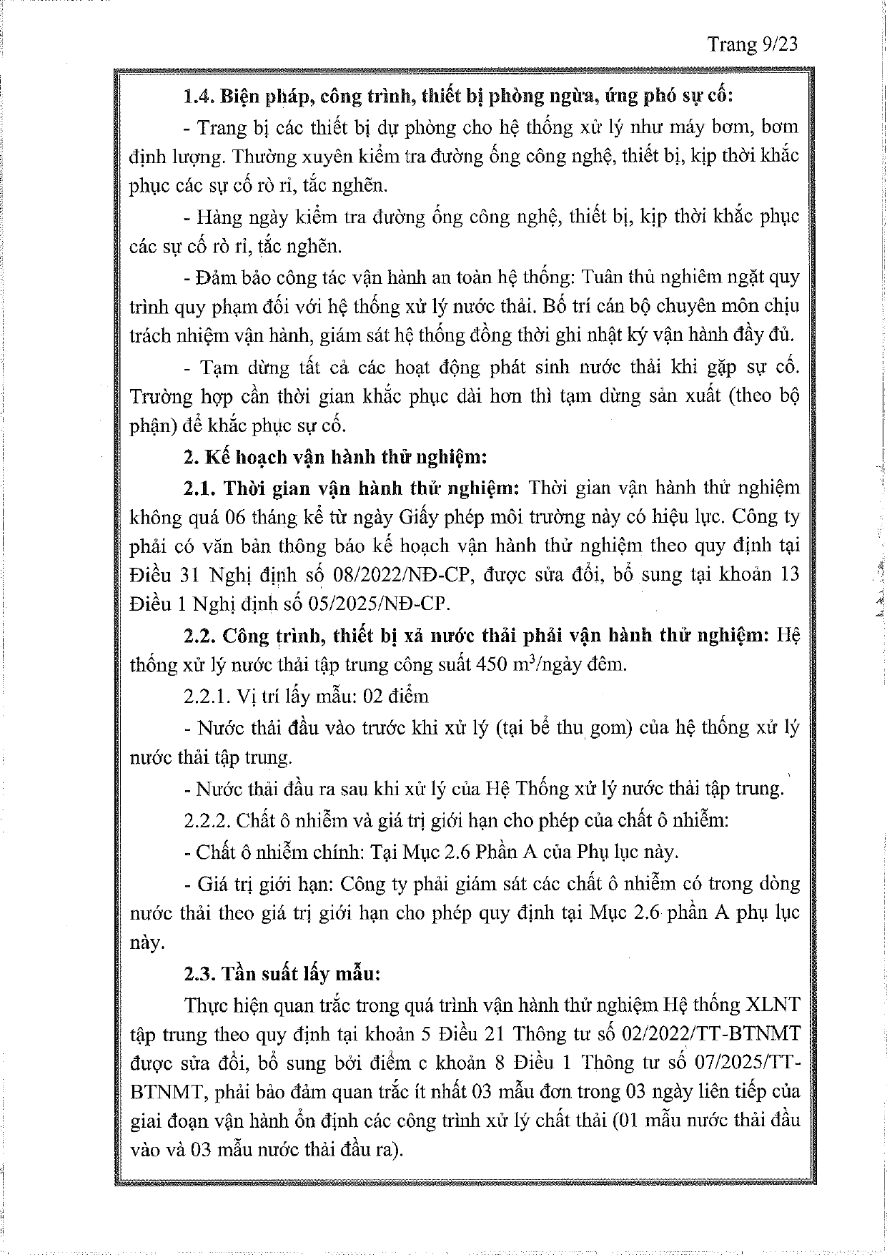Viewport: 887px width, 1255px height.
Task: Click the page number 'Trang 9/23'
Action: [x=752, y=44]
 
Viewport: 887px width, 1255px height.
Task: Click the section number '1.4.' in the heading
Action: [x=198, y=97]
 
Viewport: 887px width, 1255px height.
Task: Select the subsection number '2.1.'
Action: [x=199, y=488]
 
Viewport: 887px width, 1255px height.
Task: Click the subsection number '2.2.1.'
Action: [x=206, y=696]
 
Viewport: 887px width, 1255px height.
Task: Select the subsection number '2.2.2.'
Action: [x=207, y=820]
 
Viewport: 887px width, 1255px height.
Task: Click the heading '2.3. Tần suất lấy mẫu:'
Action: [x=282, y=974]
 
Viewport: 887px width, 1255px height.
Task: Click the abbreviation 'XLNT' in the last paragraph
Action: [x=773, y=1004]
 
